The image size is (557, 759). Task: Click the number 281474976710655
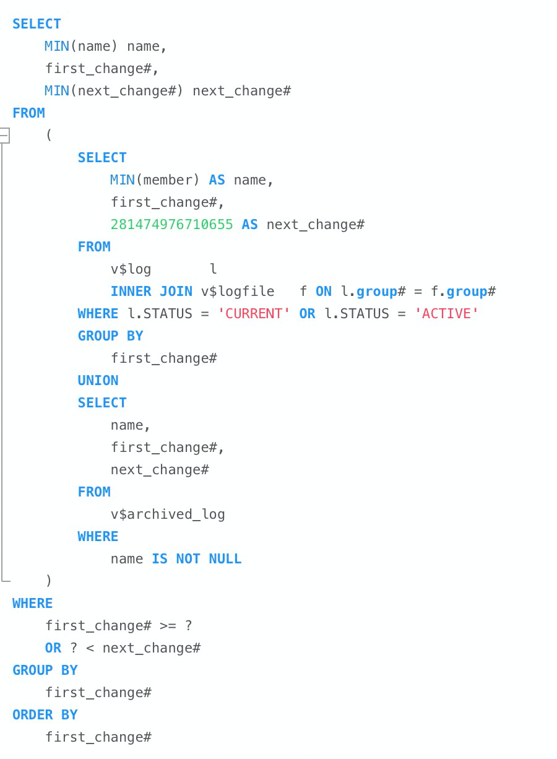172,224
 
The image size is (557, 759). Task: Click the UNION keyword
98,381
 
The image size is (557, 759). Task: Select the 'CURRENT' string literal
253,313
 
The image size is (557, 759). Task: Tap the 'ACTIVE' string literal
446,313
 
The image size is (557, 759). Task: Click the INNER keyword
131,292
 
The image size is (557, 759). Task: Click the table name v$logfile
238,292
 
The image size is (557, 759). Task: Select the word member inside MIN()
168,180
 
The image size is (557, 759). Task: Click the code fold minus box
4,136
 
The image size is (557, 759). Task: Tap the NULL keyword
225,559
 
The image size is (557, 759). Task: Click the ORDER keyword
33,715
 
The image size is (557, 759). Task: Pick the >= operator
168,625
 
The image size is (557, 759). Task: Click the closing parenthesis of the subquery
48,581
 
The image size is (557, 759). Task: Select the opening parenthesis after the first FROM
49,135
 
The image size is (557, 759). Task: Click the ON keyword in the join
324,292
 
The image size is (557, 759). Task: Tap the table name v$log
131,269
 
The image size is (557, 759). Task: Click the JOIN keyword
176,292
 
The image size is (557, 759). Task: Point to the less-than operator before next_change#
90,648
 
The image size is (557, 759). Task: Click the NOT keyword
188,559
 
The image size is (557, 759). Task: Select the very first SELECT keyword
37,24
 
